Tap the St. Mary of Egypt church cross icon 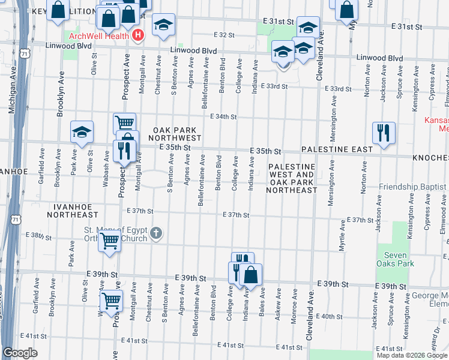point(156,233)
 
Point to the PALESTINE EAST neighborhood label point(333,148)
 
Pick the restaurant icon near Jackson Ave point(384,133)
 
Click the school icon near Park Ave point(82,132)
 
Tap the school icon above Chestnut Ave point(163,25)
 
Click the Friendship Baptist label point(413,187)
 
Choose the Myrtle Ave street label point(342,235)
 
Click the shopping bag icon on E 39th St point(251,275)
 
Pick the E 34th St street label point(223,117)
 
